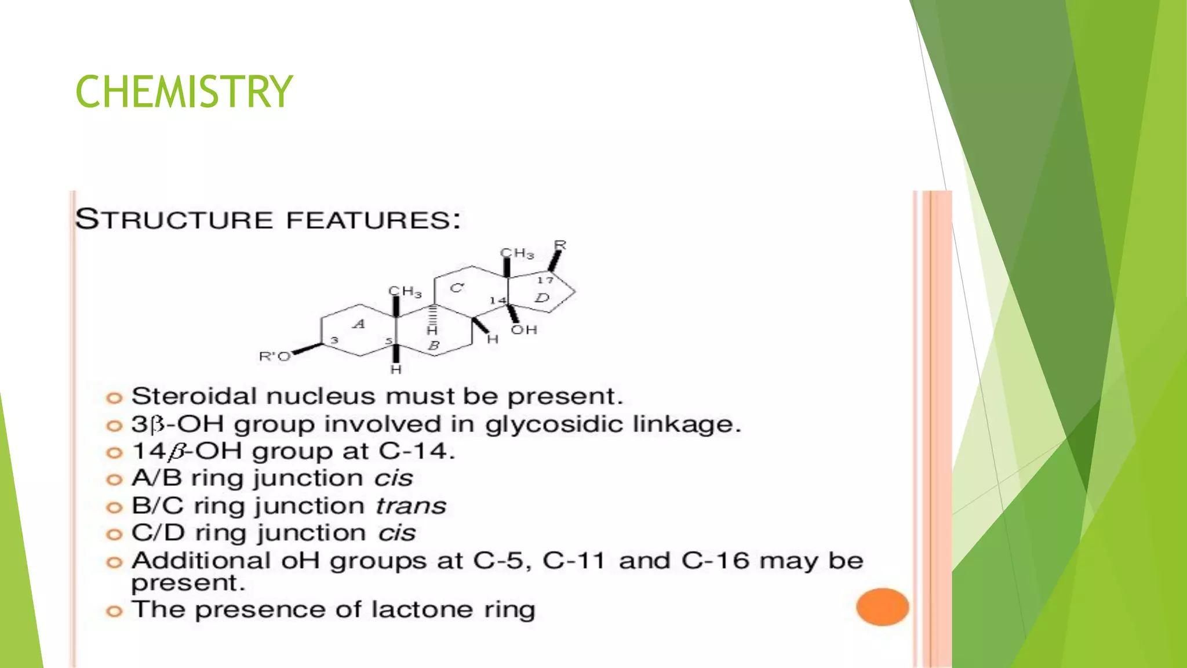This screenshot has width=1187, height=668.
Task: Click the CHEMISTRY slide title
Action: tap(184, 92)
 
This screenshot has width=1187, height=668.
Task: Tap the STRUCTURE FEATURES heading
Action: tap(268, 220)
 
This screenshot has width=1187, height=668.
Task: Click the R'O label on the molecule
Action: tap(274, 357)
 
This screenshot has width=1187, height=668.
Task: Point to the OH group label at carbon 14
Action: tap(524, 330)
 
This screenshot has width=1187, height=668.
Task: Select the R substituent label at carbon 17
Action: tap(560, 245)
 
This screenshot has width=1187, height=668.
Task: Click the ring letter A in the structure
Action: tap(359, 324)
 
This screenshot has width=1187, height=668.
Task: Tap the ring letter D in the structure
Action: tap(542, 298)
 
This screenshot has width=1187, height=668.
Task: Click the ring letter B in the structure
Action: tap(434, 346)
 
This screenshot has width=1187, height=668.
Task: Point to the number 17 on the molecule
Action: tap(545, 281)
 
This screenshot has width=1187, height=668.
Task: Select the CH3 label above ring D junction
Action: tap(517, 253)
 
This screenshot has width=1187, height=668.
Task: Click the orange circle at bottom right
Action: tap(882, 607)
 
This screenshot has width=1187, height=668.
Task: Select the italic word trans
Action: tap(410, 506)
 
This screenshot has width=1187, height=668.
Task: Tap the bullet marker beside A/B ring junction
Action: tap(114, 480)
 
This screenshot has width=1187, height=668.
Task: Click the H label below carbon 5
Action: tap(396, 369)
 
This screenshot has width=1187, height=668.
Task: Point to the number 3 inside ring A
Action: tap(334, 340)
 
